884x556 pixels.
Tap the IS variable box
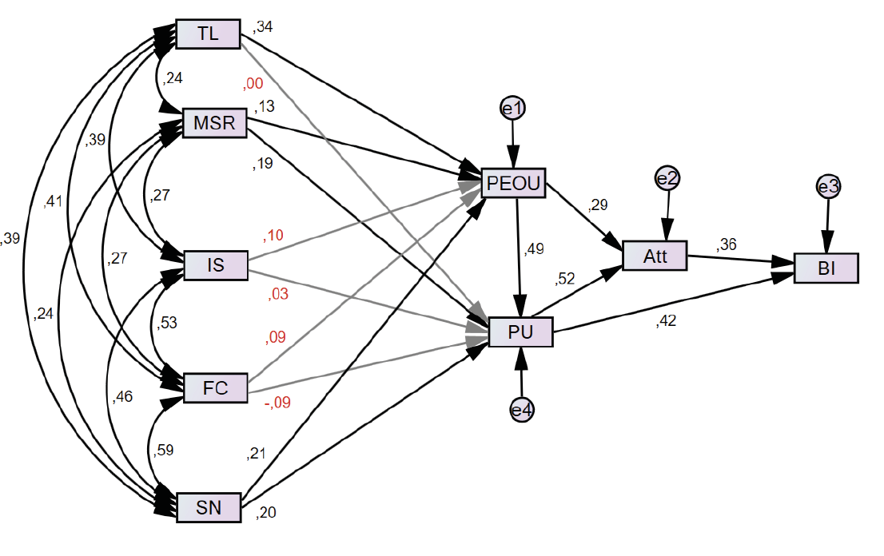coord(216,265)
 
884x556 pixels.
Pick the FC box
coord(216,388)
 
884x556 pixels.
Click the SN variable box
coord(208,507)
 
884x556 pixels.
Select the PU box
coord(520,332)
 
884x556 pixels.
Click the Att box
coord(655,256)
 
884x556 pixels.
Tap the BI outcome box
coord(826,268)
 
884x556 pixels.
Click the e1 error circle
coord(512,107)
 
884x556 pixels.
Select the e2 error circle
coord(667,178)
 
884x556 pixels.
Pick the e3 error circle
coord(828,187)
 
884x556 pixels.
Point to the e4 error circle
coord(521,411)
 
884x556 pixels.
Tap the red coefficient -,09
coord(277,403)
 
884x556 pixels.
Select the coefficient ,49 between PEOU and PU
coord(534,250)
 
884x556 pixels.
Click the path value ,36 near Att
coord(727,244)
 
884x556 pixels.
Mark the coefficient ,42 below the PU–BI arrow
coord(667,322)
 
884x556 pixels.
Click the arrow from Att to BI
coord(739,259)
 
